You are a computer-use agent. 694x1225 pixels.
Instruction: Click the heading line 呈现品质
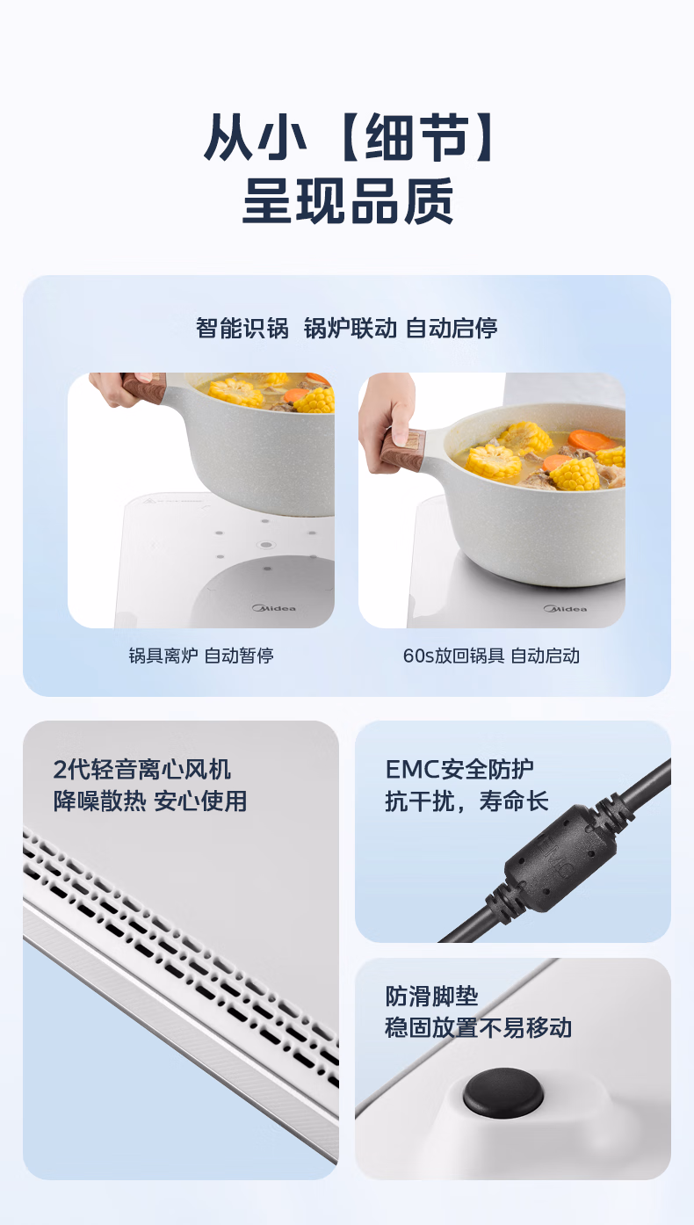348,200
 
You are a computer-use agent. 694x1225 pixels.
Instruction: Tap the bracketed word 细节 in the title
416,138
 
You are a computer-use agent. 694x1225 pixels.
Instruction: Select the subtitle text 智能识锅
242,328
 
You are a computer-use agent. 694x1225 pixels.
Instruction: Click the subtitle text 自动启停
452,328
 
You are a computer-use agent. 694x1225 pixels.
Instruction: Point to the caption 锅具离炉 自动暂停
200,656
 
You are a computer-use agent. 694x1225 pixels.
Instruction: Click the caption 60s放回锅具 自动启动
491,656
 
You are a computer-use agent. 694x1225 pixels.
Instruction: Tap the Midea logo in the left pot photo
274,608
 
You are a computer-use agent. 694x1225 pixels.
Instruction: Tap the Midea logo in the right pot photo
565,609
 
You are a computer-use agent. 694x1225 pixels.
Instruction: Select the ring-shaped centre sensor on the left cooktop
265,545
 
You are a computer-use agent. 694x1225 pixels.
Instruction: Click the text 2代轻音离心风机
142,770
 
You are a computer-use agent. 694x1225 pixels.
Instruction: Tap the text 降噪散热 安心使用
150,801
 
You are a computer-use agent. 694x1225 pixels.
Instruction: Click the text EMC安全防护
459,770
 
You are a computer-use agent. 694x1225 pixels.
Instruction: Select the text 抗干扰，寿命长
466,801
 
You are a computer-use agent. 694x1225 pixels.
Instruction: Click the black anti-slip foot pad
503,1093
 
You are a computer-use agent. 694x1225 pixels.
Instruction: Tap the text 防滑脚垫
431,996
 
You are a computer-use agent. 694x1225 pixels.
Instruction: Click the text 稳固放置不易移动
479,1027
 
